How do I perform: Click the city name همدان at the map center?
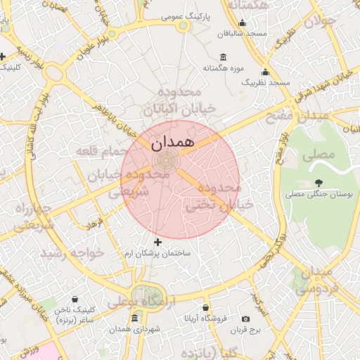point(170,141)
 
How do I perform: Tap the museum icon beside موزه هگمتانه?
point(224,57)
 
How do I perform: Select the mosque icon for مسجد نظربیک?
point(265,72)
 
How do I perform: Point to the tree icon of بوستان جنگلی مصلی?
point(320,183)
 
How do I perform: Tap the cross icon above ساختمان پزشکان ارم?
point(157,242)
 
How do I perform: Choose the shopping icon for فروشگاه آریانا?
point(205,308)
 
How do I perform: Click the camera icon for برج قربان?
point(245,319)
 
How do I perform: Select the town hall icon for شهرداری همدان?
point(135,318)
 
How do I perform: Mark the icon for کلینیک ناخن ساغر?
point(75,300)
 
